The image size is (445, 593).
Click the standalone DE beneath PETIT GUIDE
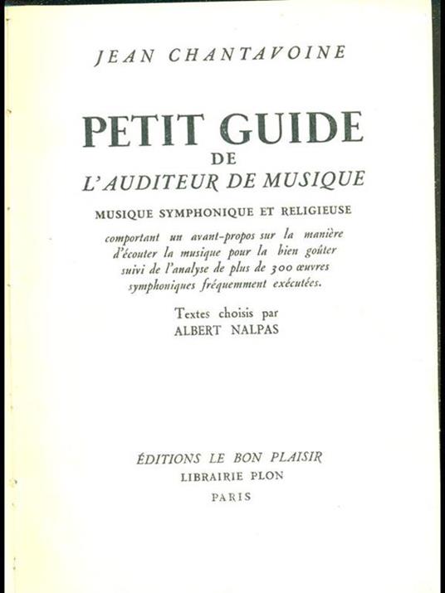[222, 160]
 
